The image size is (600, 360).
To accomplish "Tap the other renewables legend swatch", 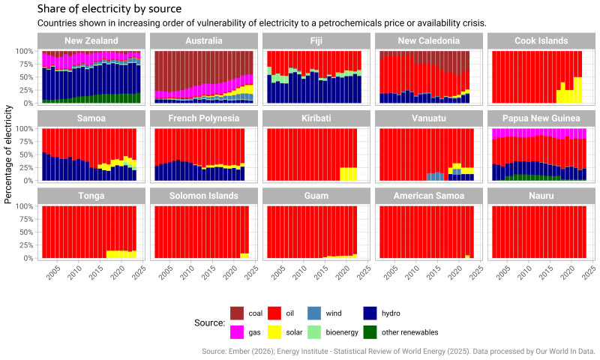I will tap(370, 331).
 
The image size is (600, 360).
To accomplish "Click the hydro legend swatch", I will tap(370, 313).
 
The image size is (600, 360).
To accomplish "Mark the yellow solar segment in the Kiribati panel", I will tap(349, 174).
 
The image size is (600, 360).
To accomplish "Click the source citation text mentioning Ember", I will tap(398, 350).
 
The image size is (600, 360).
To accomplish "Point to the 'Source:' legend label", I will tap(209, 322).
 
